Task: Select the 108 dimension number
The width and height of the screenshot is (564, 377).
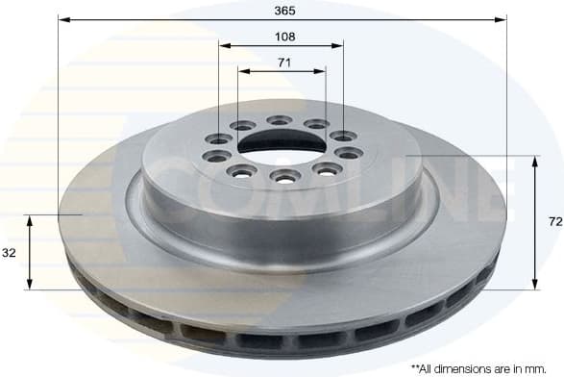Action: pos(282,37)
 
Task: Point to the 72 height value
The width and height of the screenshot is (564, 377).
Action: pos(554,221)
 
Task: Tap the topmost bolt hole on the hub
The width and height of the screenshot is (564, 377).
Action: pos(280,120)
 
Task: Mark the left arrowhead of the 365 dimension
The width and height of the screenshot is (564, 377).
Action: pos(62,18)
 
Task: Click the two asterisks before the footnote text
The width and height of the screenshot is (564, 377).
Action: pos(415,366)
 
